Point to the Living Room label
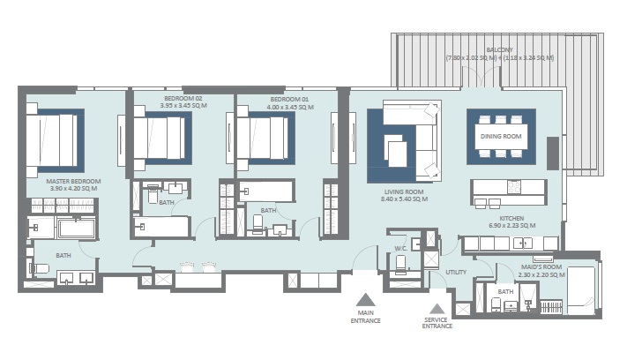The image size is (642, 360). point(405,191)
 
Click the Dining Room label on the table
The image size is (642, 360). point(500,137)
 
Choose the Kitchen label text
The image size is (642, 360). point(511,218)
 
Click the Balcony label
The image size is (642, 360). point(499,50)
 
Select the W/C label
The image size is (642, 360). point(399,248)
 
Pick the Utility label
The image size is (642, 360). point(455,273)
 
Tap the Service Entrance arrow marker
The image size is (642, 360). point(437,306)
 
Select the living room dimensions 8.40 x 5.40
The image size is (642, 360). point(405,199)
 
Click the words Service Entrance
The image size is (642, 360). point(437,323)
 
